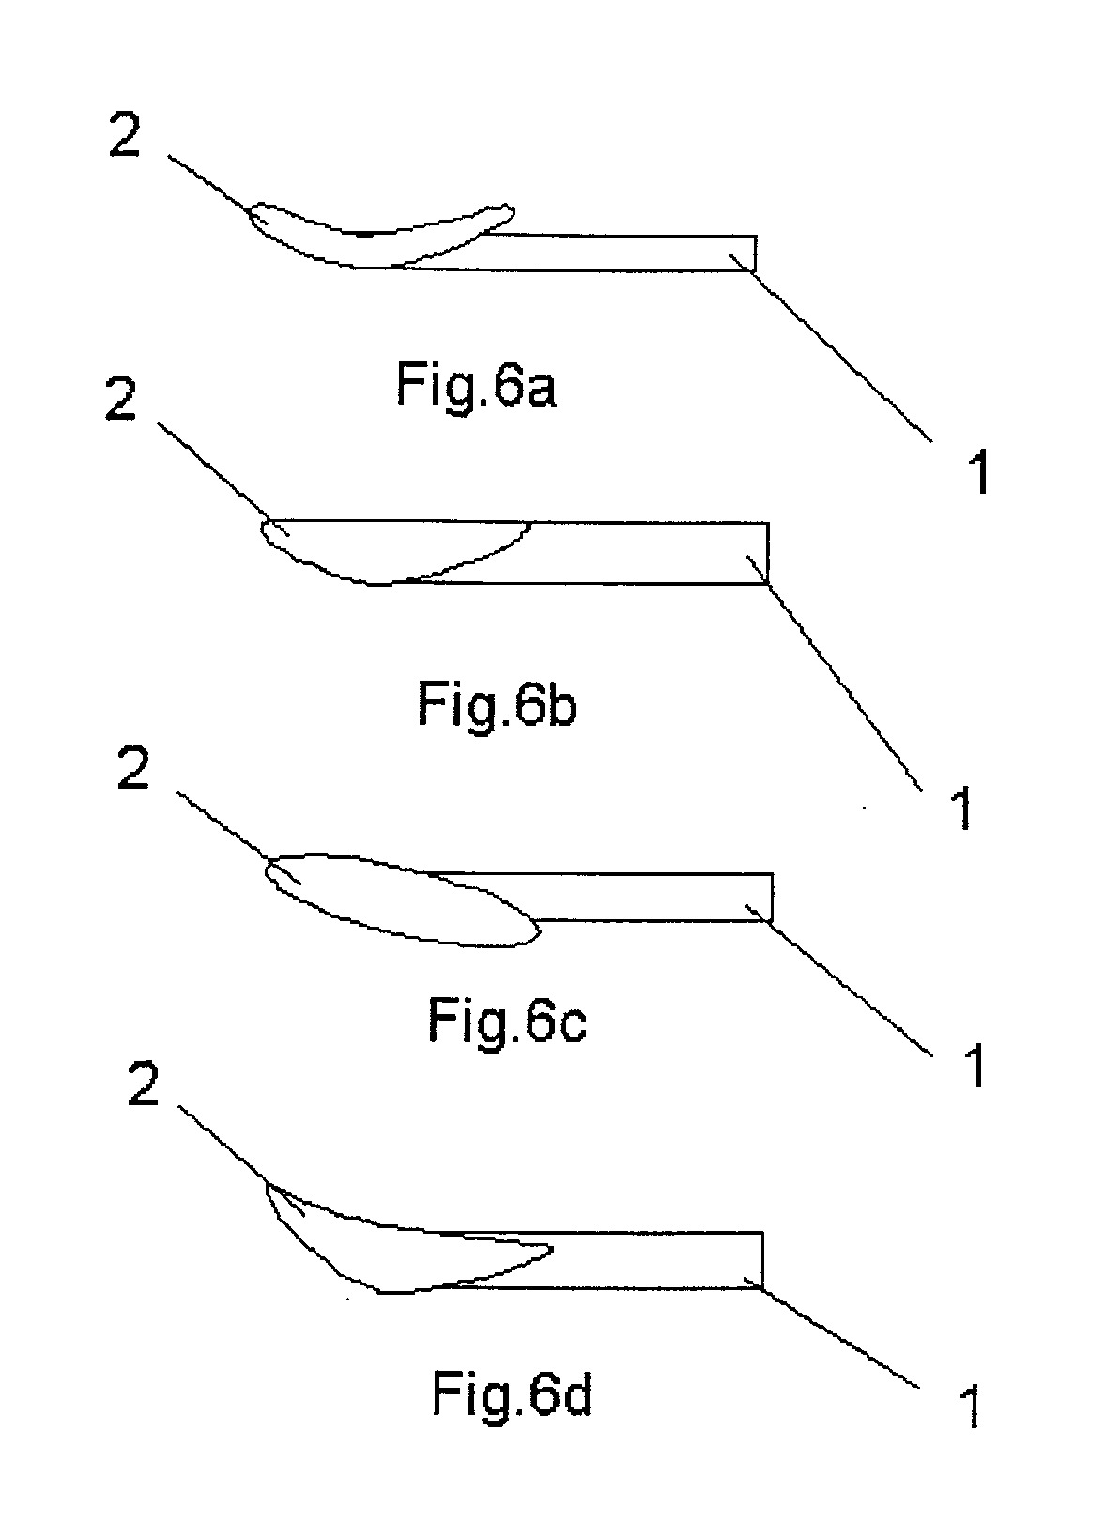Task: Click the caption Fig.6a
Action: coord(476,388)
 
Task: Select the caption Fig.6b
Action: coord(497,705)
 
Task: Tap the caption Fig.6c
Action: coord(507,1023)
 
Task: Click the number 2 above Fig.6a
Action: coord(125,136)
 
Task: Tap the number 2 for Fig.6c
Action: coord(133,768)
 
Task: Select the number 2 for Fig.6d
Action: coord(144,1084)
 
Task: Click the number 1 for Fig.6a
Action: coord(978,471)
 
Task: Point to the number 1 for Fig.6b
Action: coord(962,807)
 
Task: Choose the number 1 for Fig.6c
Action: coord(974,1065)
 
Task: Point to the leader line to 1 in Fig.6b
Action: coord(834,673)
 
